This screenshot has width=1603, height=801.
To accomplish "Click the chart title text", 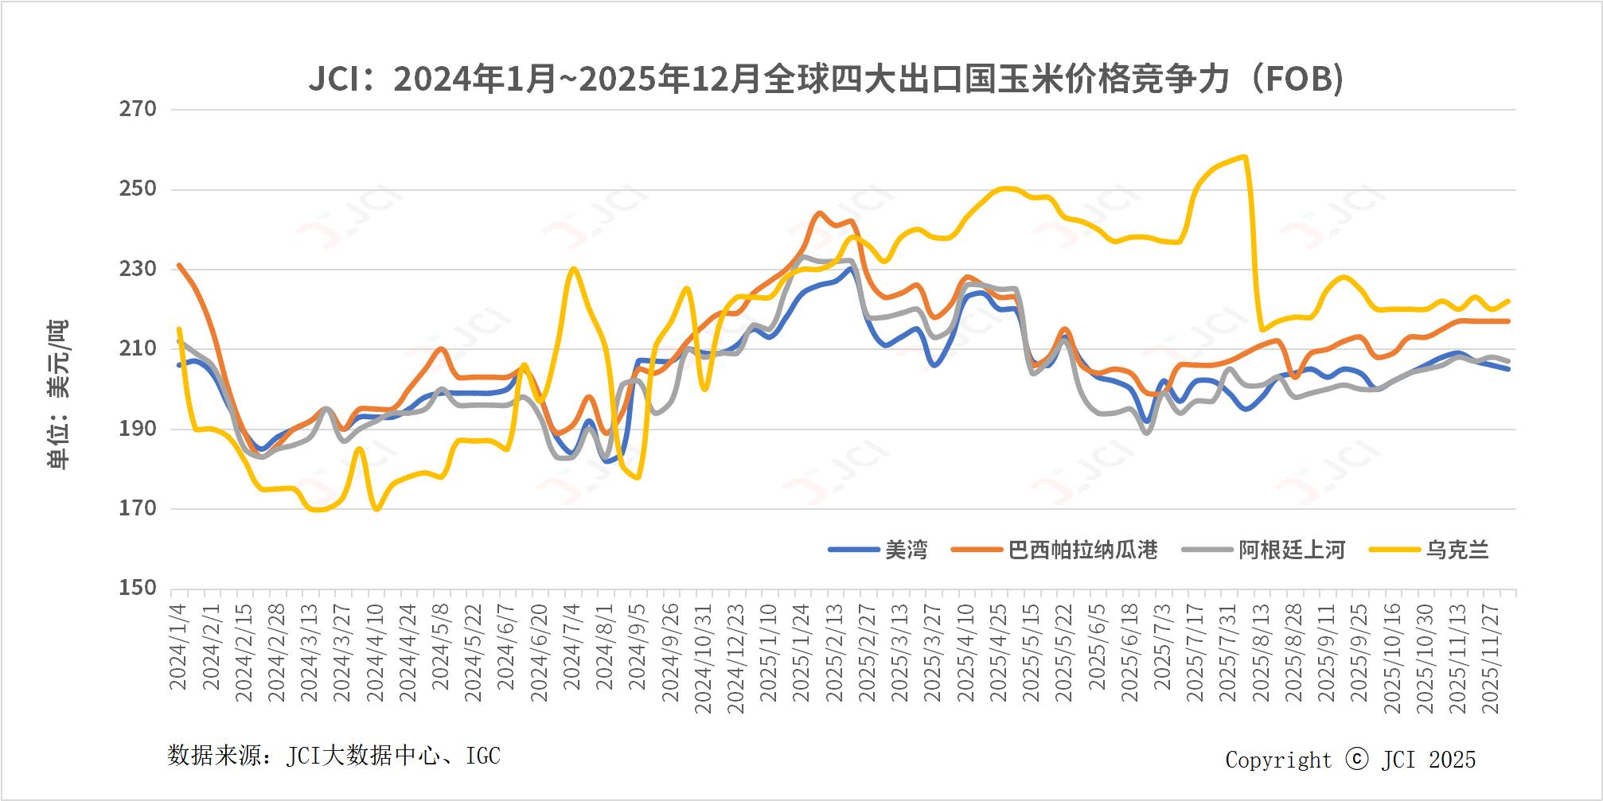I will (825, 80).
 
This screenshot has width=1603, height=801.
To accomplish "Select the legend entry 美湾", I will (906, 550).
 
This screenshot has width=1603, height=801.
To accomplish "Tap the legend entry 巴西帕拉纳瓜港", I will (1082, 550).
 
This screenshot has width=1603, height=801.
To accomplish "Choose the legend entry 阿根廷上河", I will (1291, 550).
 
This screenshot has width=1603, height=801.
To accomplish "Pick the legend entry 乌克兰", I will (1457, 550).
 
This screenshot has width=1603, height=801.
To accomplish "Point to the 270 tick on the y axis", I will (138, 109).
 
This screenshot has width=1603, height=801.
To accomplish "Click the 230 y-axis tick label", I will (138, 269).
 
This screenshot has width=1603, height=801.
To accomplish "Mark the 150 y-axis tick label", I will (138, 588).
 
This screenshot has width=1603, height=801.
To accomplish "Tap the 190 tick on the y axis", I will (138, 429).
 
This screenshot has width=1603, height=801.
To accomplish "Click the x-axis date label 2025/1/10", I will (768, 652).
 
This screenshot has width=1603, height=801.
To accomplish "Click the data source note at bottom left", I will (333, 755).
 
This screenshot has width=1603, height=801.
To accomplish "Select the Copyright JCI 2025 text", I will (1350, 760).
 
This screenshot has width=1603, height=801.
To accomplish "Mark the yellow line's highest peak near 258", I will (1244, 157).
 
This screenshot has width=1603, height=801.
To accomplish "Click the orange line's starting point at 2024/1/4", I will (179, 265).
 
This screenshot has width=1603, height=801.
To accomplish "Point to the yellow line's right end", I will (1508, 301).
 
